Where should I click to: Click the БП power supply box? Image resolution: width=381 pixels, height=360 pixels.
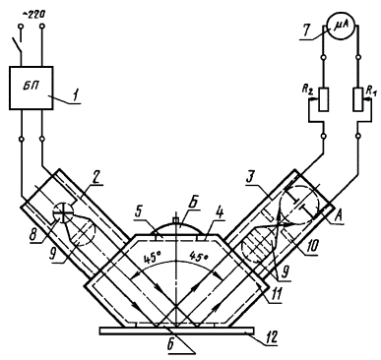click(x=31, y=88)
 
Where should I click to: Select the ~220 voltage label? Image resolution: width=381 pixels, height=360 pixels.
click(x=34, y=15)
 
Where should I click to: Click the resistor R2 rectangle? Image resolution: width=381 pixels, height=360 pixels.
click(x=324, y=99)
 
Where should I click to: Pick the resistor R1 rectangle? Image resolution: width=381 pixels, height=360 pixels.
click(x=358, y=99)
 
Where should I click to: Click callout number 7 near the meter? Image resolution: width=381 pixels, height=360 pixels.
click(x=306, y=31)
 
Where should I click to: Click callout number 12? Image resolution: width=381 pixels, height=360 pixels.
click(x=271, y=336)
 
